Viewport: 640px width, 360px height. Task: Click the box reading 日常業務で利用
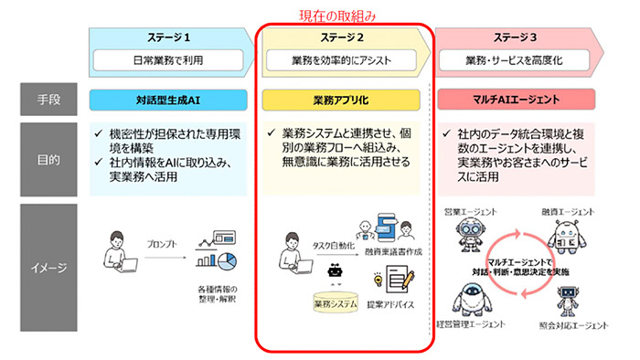(167, 61)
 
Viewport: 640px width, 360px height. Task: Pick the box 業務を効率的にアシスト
(339, 61)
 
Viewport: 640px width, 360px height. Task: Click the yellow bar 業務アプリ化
(339, 99)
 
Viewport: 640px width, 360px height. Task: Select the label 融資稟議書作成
(392, 252)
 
